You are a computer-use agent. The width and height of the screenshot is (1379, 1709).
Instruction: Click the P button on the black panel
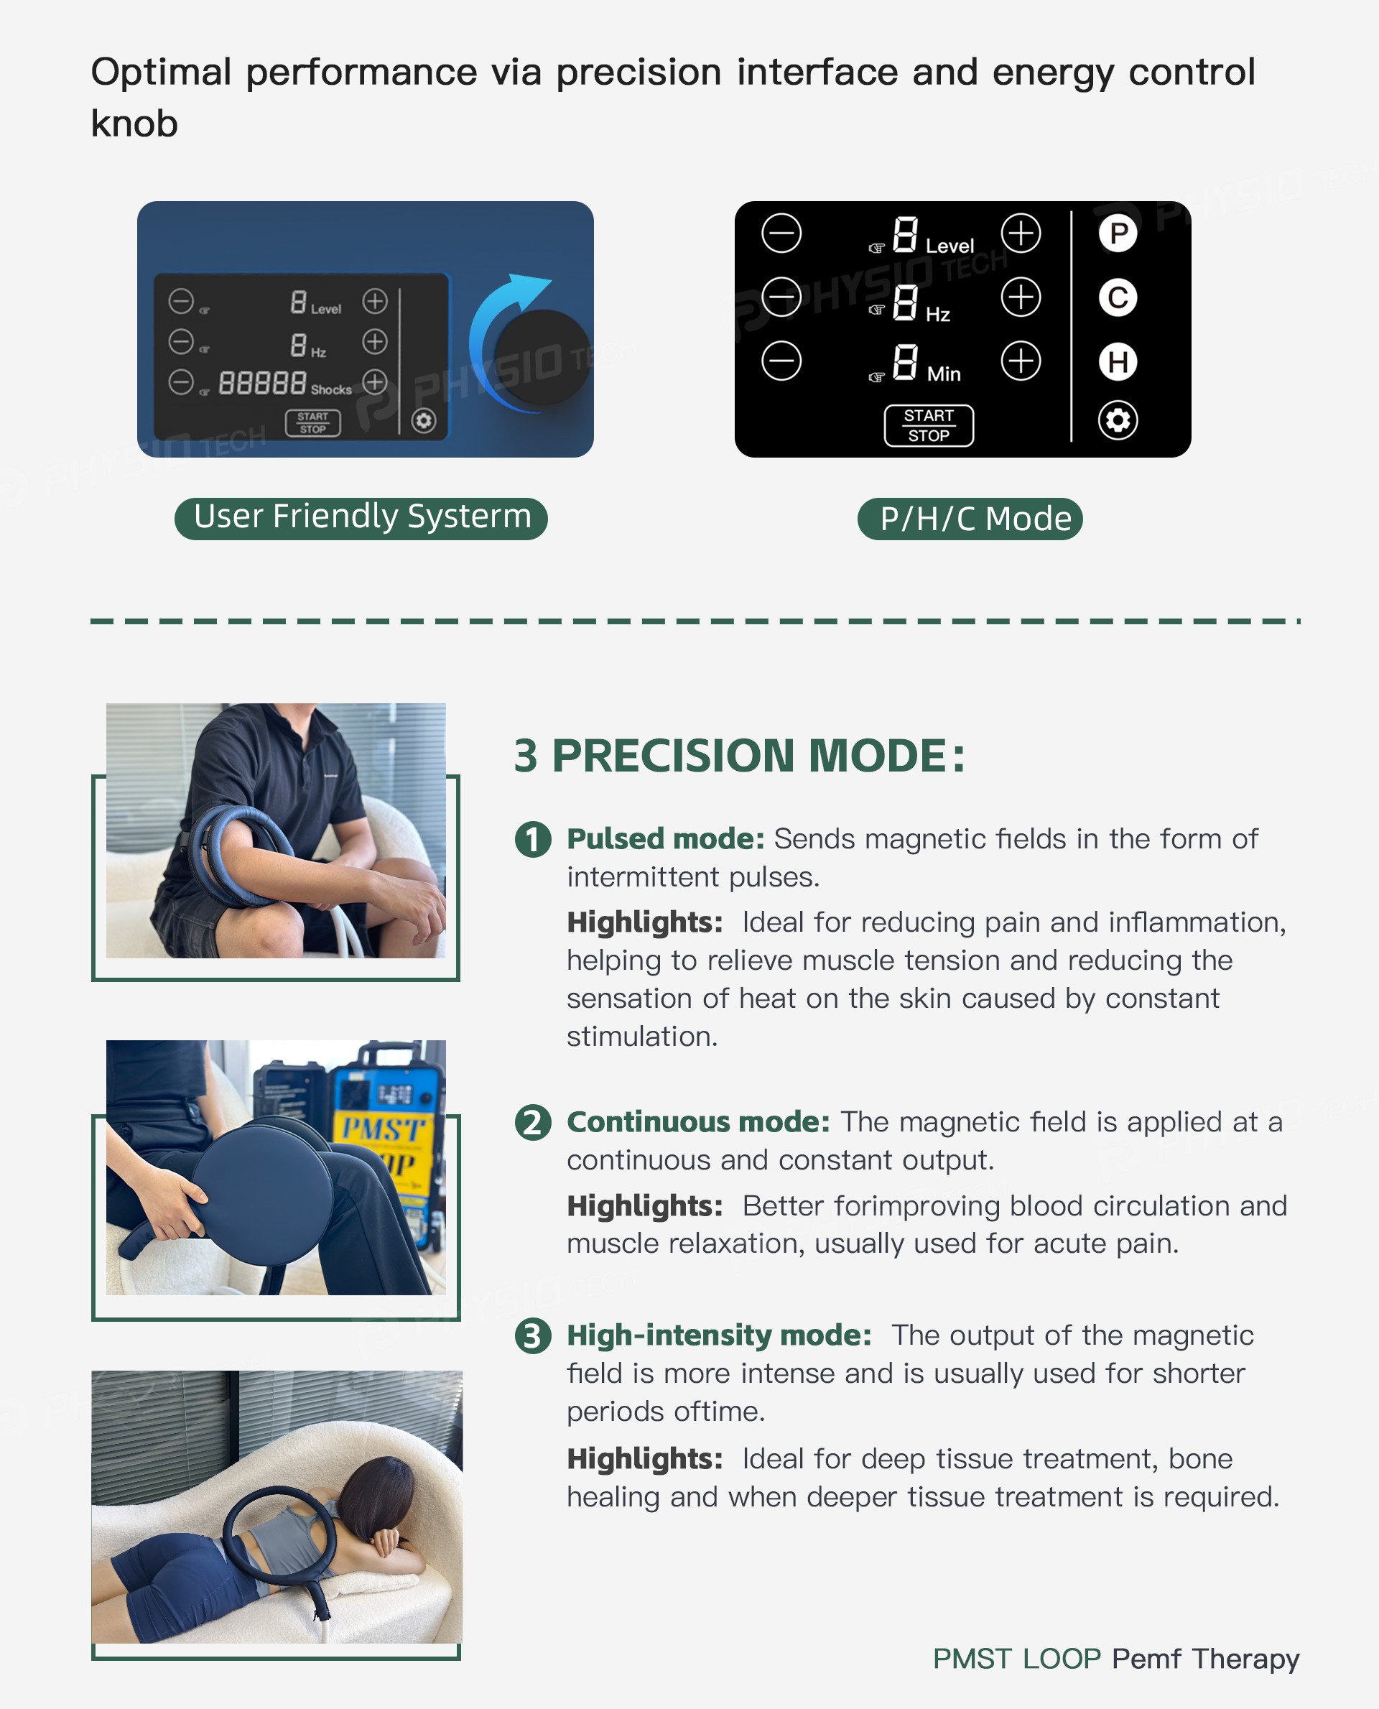(1118, 233)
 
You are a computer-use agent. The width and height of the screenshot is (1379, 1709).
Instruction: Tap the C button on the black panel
(1118, 298)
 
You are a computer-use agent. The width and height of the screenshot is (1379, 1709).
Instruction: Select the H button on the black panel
(1118, 361)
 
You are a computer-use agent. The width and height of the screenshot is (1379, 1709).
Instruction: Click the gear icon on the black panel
(1118, 420)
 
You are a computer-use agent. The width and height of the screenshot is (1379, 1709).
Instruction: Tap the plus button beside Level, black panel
(1021, 233)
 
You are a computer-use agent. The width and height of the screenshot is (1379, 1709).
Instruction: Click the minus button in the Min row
(781, 361)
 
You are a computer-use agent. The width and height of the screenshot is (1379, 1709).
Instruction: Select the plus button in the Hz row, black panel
(1021, 297)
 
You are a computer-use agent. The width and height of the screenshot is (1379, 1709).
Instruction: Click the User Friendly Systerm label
(361, 518)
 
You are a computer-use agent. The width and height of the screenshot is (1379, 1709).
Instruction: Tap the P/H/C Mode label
(970, 519)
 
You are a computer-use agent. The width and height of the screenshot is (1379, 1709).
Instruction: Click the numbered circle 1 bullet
(533, 839)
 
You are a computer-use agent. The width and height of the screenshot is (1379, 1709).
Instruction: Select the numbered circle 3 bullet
(533, 1335)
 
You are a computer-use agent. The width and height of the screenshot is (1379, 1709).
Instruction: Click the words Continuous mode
(698, 1122)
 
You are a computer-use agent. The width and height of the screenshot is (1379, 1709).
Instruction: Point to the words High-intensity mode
(719, 1336)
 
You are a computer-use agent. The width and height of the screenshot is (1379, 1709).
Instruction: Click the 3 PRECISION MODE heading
(740, 755)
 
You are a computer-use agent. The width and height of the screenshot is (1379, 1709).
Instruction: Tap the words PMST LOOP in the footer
(1017, 1658)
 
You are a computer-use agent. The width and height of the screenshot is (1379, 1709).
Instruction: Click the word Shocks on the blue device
(331, 389)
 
